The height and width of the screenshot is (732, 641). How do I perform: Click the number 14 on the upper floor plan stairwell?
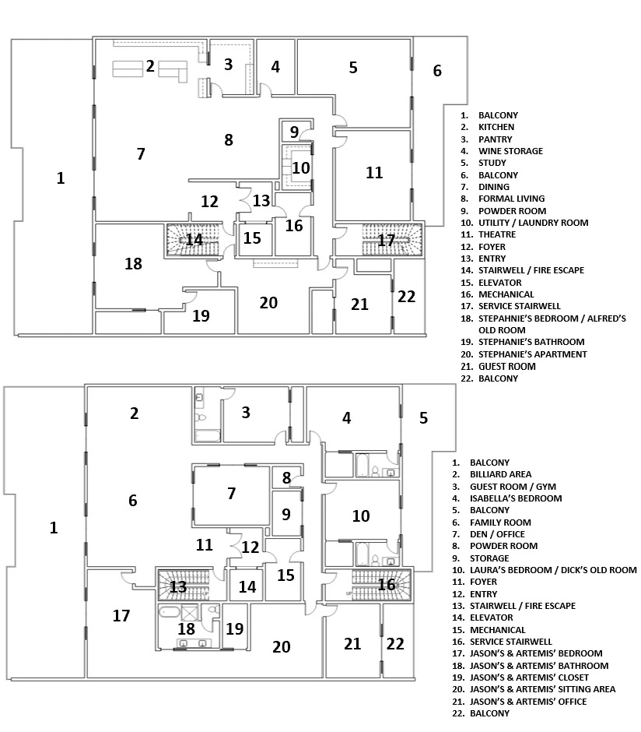[194, 239]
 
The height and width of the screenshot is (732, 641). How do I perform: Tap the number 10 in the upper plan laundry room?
[300, 167]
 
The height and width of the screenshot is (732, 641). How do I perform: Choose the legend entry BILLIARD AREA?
[500, 474]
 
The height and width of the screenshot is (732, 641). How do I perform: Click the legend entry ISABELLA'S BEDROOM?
[515, 498]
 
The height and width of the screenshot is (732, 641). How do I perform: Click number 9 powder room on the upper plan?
[294, 131]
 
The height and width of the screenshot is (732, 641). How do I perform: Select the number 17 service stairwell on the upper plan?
[387, 240]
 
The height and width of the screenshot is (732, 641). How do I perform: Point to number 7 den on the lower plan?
[231, 493]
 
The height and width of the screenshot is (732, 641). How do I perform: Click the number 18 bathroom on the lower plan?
[186, 628]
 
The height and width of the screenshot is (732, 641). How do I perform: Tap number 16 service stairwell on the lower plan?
[387, 584]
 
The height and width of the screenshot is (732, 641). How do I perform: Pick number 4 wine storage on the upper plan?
[275, 67]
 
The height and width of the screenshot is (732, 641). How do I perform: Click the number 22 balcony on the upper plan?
[407, 296]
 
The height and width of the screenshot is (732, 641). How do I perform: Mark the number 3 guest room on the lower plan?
[246, 412]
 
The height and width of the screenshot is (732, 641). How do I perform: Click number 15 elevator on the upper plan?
[252, 238]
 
